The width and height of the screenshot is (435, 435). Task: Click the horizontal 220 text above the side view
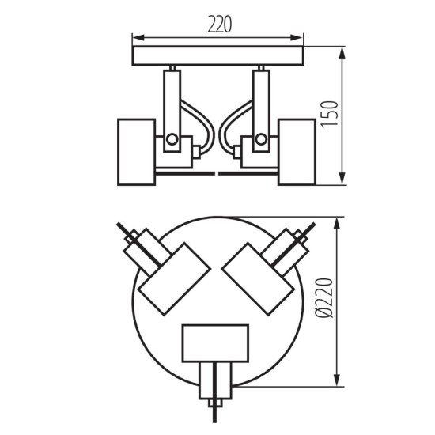click(219, 24)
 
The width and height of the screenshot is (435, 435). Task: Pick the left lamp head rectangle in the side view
click(137, 152)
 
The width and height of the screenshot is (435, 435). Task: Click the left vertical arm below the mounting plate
click(172, 99)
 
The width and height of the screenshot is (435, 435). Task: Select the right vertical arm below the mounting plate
click(259, 99)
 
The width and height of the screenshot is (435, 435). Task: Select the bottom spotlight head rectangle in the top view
click(215, 342)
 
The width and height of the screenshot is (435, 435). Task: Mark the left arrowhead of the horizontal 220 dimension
click(136, 36)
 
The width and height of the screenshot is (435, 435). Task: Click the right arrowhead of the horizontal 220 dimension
click(301, 36)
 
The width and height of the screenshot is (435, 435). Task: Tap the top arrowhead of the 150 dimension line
click(343, 51)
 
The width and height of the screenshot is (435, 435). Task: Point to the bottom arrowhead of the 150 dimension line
click(343, 180)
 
